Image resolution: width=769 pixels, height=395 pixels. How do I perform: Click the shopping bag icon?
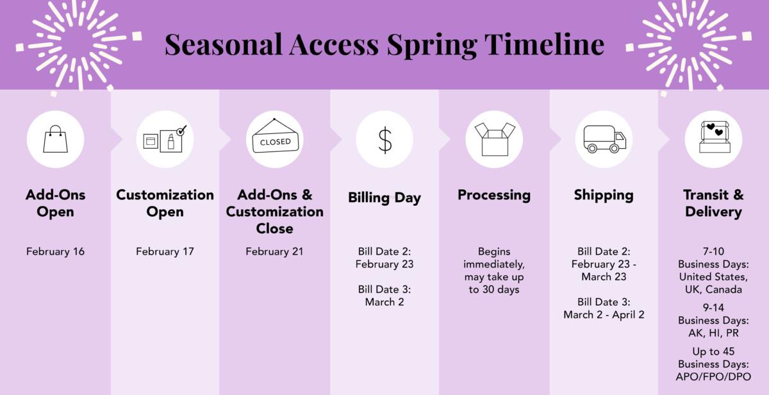tap(55, 139)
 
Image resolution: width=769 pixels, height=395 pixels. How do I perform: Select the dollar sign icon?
tap(384, 139)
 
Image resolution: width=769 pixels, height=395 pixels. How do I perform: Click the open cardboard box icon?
tap(494, 139)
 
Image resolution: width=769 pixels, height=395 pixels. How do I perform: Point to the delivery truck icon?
tap(604, 139)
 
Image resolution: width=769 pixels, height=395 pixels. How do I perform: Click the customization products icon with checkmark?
tap(165, 139)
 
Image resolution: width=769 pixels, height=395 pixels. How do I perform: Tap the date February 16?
tap(55, 251)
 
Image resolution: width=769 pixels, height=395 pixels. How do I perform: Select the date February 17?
tap(165, 251)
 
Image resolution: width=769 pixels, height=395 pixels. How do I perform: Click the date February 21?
tap(274, 251)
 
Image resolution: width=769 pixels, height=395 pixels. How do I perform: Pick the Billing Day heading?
tap(384, 197)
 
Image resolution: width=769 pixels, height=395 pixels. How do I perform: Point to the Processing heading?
tap(494, 195)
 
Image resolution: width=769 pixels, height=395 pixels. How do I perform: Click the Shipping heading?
tap(604, 195)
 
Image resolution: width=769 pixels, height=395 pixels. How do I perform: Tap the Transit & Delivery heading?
tap(713, 203)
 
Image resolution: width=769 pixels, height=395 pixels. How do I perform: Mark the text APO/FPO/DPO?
tap(713, 376)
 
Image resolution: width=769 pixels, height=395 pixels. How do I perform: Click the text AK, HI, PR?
tap(713, 333)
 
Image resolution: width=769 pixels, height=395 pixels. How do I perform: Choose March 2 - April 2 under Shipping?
tap(604, 314)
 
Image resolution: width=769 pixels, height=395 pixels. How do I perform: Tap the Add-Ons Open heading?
tap(55, 203)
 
